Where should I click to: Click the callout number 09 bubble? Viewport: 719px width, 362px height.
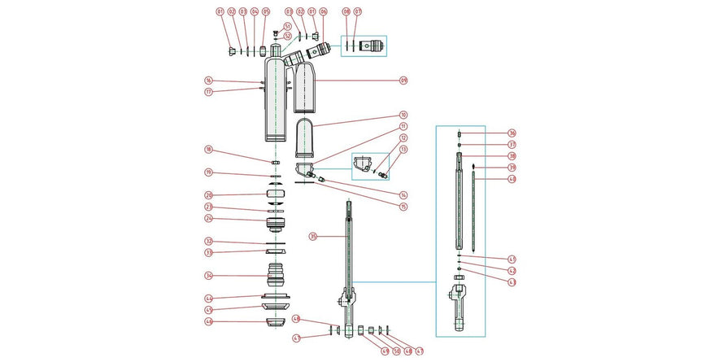tap(403, 81)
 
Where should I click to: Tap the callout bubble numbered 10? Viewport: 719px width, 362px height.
tap(403, 115)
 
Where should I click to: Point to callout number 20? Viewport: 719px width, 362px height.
tap(208, 195)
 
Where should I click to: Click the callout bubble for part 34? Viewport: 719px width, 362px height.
tap(208, 275)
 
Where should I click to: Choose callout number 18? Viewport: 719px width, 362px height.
tap(208, 150)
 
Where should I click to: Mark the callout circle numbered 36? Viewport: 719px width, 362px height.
tap(512, 133)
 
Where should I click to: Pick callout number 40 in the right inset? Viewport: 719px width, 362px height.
tap(512, 179)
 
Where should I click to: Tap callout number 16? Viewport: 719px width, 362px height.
tap(208, 81)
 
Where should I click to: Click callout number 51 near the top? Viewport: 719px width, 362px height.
tap(287, 26)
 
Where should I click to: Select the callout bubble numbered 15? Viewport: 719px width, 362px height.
tap(403, 206)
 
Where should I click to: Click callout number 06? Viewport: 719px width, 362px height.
tap(323, 12)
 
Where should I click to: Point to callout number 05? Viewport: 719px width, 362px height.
tap(265, 12)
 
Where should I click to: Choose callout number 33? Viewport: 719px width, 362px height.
tap(208, 252)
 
